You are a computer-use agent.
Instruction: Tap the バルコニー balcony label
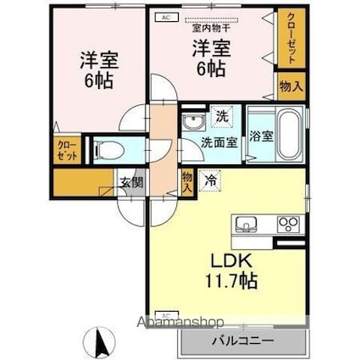coord(244,341)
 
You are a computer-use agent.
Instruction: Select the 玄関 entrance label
coord(131,182)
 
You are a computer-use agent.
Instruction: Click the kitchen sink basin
coord(246,224)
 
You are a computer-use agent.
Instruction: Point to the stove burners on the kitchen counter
coord(289,225)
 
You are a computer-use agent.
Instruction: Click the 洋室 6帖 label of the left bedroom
coord(97,69)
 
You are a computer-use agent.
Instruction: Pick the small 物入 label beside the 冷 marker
coord(187,181)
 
